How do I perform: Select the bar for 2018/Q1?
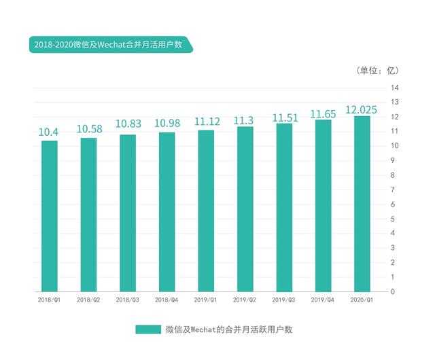click(49, 216)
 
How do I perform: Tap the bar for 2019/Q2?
click(245, 209)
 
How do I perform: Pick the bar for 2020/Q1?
click(362, 204)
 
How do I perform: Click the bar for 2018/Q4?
click(167, 212)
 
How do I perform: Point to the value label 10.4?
click(48, 132)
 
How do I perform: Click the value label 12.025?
click(361, 109)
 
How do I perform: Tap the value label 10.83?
click(128, 125)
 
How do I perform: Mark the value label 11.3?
click(244, 120)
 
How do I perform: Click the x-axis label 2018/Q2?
click(88, 299)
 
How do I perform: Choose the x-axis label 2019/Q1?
click(205, 299)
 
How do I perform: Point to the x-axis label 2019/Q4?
click(322, 299)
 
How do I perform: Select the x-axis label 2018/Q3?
click(127, 299)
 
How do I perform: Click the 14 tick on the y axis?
click(394, 88)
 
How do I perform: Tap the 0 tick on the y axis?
click(394, 291)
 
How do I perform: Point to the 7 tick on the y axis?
click(394, 190)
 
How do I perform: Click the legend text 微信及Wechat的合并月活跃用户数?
click(228, 329)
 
